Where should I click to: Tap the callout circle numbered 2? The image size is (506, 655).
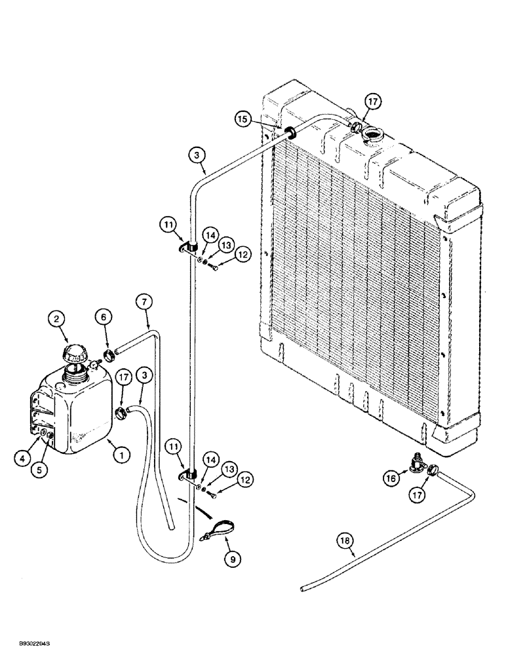[58, 320]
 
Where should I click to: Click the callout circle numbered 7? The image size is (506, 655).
[146, 303]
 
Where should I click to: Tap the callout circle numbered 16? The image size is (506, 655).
[392, 479]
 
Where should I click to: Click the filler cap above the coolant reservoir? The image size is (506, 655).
[73, 356]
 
